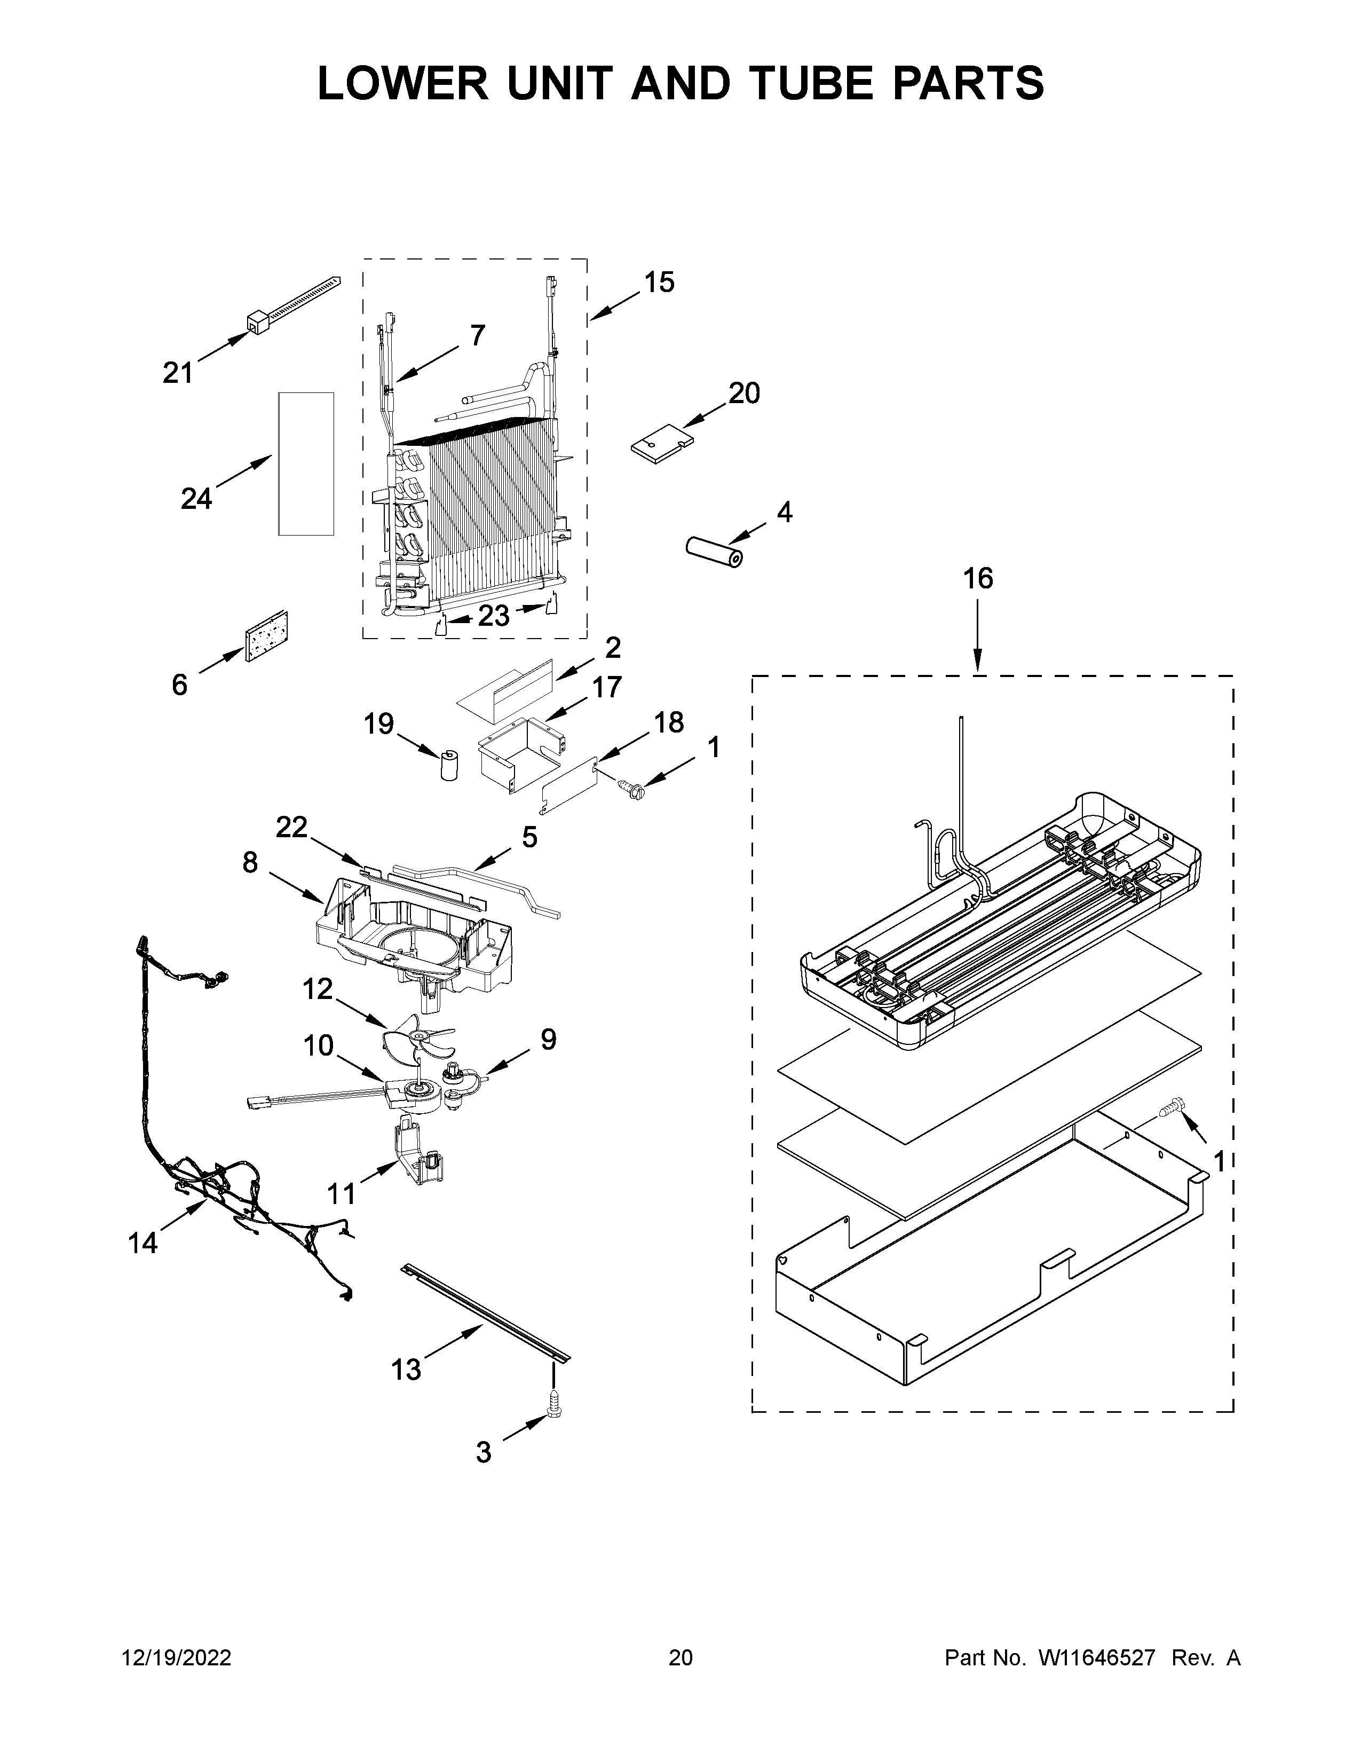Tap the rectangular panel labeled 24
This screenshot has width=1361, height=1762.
(x=306, y=464)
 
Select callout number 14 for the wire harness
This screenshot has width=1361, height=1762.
(x=143, y=1243)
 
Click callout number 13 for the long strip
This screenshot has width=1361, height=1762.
(x=406, y=1369)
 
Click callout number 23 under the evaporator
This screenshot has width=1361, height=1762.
(x=494, y=616)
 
